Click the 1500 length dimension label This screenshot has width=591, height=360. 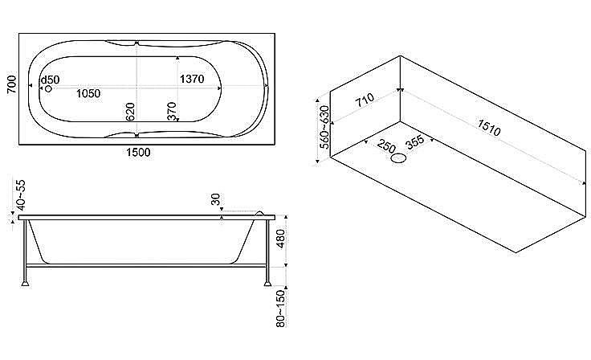[138, 153]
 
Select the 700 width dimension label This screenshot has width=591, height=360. [12, 84]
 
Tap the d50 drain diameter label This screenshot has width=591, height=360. [50, 80]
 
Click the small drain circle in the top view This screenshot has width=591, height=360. [48, 88]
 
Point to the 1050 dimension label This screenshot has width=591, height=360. [88, 93]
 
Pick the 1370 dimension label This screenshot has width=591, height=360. [192, 79]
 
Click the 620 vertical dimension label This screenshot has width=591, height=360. [130, 112]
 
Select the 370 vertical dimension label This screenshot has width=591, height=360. [172, 112]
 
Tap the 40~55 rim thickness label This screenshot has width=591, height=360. [21, 194]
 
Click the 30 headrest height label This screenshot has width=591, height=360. [215, 198]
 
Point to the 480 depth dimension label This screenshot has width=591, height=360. [281, 239]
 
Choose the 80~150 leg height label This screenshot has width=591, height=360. [281, 309]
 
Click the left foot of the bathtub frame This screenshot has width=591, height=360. [25, 283]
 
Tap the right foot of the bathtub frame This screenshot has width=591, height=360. [267, 283]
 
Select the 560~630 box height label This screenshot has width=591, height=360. [324, 127]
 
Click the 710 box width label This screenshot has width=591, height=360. [365, 100]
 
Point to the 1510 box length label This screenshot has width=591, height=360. [489, 128]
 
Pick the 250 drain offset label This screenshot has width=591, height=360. [386, 145]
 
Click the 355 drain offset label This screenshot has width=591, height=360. [415, 142]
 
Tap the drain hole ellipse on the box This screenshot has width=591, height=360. [398, 158]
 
